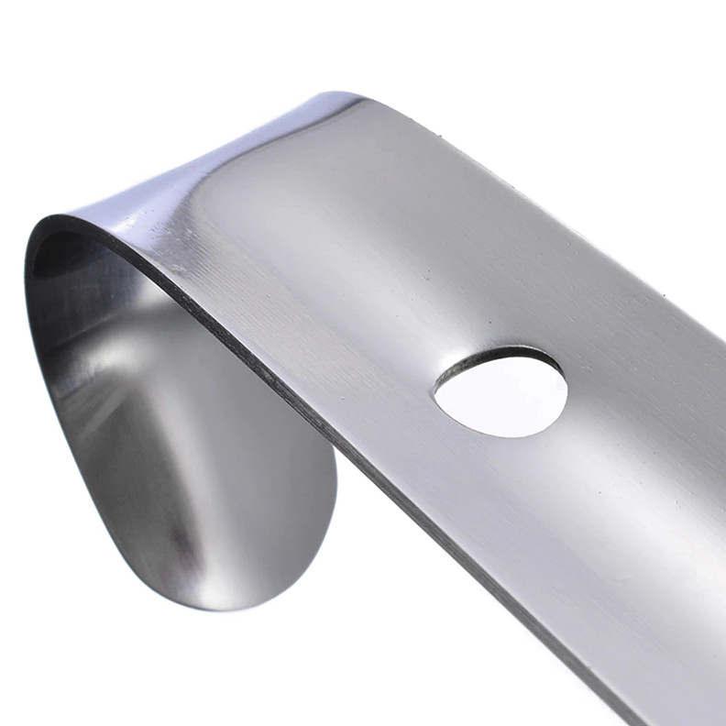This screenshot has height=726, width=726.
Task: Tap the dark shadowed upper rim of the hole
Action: coord(500,353)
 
